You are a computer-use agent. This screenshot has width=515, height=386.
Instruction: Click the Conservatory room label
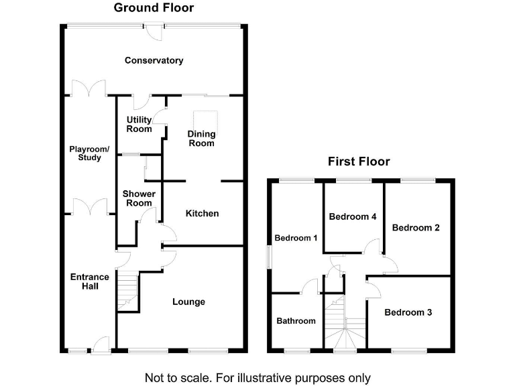pyautogui.click(x=154, y=60)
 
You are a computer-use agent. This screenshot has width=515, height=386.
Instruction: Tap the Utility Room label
pyautogui.click(x=139, y=125)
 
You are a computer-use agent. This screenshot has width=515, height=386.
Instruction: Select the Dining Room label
pyautogui.click(x=201, y=139)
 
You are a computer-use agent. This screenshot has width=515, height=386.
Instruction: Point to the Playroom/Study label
pyautogui.click(x=89, y=153)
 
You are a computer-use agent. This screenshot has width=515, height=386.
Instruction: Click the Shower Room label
pyautogui.click(x=139, y=198)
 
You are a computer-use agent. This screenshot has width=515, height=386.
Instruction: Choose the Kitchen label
pyautogui.click(x=203, y=213)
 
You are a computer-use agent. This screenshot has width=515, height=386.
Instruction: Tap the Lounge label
pyautogui.click(x=189, y=302)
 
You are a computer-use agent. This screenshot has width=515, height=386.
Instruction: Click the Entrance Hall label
pyautogui.click(x=90, y=281)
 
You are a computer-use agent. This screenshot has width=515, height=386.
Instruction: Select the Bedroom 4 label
pyautogui.click(x=353, y=216)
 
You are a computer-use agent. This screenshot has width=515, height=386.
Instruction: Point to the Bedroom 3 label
pyautogui.click(x=408, y=312)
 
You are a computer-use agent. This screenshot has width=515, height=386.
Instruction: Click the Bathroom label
pyautogui.click(x=296, y=321)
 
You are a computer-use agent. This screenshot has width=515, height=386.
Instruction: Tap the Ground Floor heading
pyautogui.click(x=154, y=7)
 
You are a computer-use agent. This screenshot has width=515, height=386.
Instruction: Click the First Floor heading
pyautogui.click(x=359, y=162)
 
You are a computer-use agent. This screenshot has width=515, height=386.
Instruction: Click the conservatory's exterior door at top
pyautogui.click(x=154, y=31)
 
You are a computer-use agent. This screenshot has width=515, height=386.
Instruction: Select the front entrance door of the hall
pyautogui.click(x=101, y=345)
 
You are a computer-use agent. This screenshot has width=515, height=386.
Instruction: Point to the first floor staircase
pyautogui.click(x=345, y=322)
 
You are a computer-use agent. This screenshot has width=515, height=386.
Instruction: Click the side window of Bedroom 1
pyautogui.click(x=269, y=257)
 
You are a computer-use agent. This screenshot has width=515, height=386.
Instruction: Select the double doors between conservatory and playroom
pyautogui.click(x=89, y=88)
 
